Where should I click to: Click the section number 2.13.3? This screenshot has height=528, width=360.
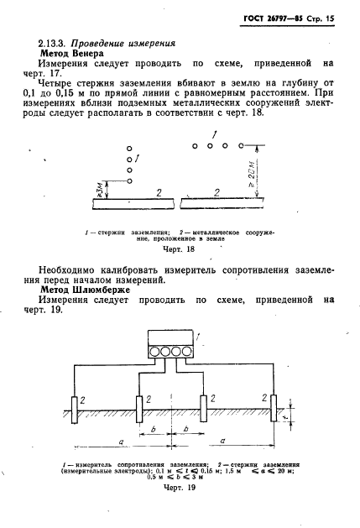pyautogui.click(x=55, y=41)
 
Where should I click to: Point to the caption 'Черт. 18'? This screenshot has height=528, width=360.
pyautogui.click(x=176, y=249)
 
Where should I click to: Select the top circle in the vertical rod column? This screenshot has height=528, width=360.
pyautogui.click(x=130, y=148)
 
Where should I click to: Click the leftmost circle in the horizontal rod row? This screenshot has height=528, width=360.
pyautogui.click(x=195, y=145)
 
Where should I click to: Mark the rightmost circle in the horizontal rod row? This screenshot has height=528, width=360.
pyautogui.click(x=241, y=145)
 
